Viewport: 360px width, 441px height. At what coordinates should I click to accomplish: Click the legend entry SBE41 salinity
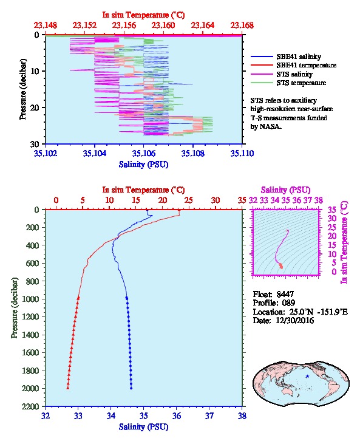[x=299, y=56]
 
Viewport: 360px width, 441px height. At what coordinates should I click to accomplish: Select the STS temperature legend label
[x=301, y=83]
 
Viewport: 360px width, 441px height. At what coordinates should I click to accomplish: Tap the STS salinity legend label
[x=294, y=74]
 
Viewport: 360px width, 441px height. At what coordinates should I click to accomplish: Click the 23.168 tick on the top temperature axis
[x=242, y=26]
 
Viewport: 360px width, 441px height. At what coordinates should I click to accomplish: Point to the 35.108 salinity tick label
[x=193, y=153]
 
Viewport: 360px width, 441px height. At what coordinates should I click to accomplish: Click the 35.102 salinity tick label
[x=46, y=153]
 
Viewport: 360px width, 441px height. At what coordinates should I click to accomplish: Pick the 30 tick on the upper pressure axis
[x=35, y=144]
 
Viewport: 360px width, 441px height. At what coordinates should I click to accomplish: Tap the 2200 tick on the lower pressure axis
[x=31, y=406]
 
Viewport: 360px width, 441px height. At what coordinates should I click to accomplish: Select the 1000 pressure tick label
[x=31, y=299]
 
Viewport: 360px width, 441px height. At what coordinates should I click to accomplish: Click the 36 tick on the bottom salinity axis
[x=177, y=415]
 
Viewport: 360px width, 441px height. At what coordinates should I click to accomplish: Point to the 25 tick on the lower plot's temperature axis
[x=189, y=200]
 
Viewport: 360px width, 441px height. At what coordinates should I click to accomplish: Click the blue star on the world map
[x=307, y=377]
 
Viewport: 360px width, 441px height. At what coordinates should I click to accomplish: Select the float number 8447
[x=285, y=294]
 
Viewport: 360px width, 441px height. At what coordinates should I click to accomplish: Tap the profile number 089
[x=288, y=303]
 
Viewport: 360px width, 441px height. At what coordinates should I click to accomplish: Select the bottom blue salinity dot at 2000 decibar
[x=131, y=388]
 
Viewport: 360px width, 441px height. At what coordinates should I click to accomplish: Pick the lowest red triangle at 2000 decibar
[x=68, y=388]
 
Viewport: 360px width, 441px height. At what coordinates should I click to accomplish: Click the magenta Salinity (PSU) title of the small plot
[x=285, y=190]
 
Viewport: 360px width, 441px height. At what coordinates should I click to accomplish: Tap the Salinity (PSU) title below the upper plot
[x=144, y=165]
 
